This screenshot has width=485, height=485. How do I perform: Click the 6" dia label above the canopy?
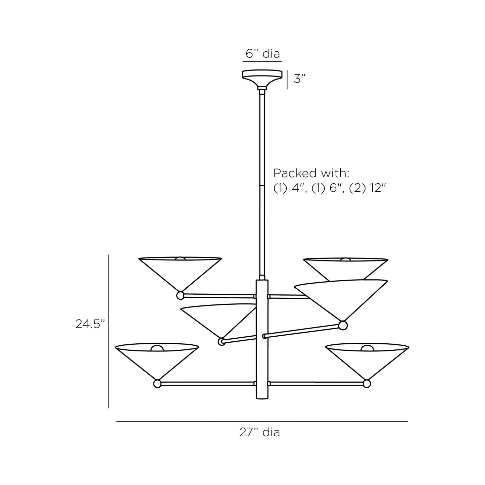262,54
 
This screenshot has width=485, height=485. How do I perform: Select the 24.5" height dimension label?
90,324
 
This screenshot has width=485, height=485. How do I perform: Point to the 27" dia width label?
259,432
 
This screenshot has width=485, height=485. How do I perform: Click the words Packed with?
311,173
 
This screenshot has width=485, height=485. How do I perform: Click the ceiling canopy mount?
262,79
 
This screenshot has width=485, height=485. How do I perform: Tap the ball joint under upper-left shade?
180,295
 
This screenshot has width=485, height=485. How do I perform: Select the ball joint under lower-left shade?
157,391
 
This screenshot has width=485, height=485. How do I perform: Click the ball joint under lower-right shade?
367,391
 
